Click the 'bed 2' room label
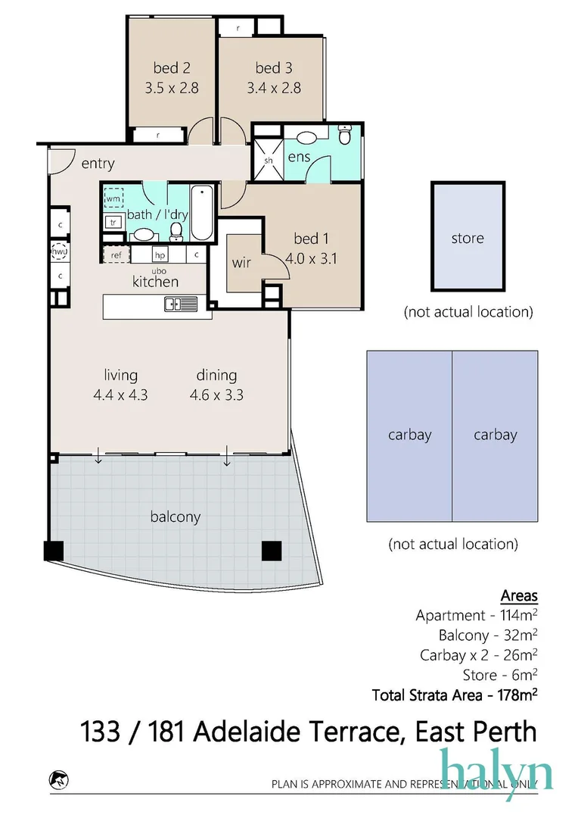(171, 67)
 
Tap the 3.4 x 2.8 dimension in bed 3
(273, 88)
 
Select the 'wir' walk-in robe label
(241, 263)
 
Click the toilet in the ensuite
(345, 135)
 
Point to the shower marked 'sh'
(268, 161)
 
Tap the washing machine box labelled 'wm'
(113, 198)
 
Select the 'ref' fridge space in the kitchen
(116, 255)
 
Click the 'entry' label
(98, 164)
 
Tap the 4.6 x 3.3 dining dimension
(216, 395)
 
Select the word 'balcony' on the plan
(175, 517)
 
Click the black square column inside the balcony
(272, 551)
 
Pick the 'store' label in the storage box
(467, 238)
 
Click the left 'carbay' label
(409, 435)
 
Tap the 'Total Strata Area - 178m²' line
(455, 694)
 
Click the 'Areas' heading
(519, 596)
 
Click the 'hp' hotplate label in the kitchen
(160, 255)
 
